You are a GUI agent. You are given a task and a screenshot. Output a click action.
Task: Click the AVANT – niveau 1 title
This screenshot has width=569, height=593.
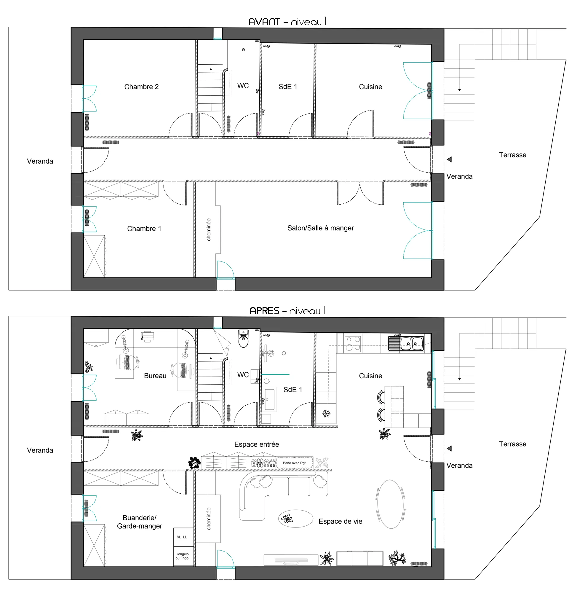(x=287, y=21)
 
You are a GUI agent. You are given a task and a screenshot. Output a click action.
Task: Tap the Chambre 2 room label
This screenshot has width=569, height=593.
(x=141, y=87)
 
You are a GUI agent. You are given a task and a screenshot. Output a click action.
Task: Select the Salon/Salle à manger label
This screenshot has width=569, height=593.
(x=320, y=228)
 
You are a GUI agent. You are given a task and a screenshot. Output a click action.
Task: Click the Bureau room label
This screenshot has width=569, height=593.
(x=155, y=376)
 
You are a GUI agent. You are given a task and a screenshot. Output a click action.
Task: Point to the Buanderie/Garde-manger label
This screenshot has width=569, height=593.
(x=139, y=522)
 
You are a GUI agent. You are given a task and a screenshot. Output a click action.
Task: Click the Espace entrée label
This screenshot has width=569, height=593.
(x=256, y=444)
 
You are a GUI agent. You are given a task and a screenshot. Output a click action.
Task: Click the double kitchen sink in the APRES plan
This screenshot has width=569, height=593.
(x=406, y=343)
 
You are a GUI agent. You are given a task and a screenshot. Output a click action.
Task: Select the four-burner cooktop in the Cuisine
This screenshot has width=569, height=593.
(x=353, y=343)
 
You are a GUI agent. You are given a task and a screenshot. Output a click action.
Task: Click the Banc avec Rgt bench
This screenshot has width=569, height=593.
(x=294, y=463)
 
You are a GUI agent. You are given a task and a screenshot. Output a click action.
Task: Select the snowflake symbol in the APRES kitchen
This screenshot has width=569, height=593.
(x=326, y=414)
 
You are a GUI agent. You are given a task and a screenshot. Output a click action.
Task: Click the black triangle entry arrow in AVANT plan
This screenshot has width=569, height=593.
(x=450, y=160)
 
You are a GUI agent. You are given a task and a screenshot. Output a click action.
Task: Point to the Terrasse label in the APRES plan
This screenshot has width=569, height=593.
(x=512, y=444)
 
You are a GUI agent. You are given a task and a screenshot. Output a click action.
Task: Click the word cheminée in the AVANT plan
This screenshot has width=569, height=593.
(x=209, y=229)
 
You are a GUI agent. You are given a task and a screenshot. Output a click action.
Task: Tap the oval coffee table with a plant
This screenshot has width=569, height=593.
(x=295, y=519)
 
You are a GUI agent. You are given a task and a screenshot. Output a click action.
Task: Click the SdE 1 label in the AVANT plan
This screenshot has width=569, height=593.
(x=288, y=87)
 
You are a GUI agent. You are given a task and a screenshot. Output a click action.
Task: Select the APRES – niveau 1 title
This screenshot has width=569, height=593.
(x=287, y=311)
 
